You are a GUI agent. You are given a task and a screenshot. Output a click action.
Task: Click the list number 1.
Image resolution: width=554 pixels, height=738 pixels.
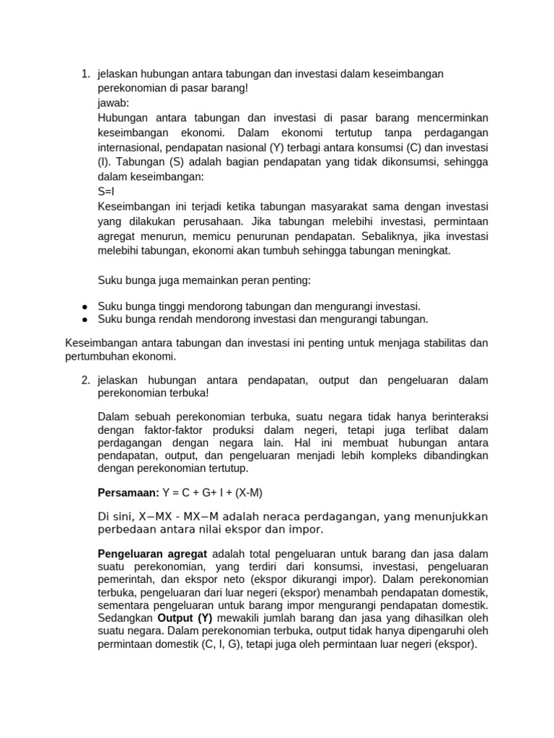point(85,74)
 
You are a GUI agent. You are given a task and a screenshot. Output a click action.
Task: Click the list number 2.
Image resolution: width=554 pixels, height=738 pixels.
point(85,380)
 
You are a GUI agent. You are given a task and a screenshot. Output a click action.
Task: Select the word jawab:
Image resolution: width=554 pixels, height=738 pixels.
point(113,103)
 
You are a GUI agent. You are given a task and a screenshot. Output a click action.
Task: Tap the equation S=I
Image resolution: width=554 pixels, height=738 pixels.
point(106,192)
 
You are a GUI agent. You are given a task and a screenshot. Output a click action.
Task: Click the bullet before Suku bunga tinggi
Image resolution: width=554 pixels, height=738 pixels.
point(84,306)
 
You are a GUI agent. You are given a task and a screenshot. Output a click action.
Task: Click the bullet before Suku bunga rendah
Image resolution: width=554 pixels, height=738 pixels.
point(84,319)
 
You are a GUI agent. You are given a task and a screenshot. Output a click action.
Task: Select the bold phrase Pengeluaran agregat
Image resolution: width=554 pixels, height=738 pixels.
point(152,553)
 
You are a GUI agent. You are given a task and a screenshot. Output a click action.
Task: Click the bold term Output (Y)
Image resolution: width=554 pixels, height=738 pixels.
point(180,618)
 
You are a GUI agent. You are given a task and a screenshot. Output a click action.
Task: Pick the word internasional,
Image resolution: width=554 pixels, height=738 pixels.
point(131,148)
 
